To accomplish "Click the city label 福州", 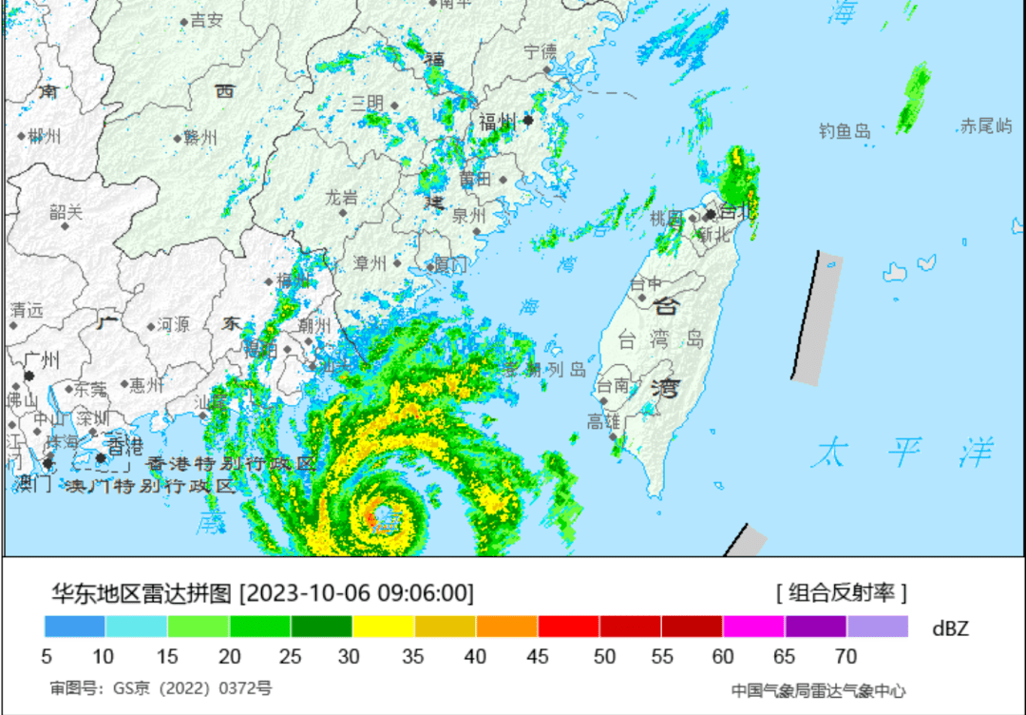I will point(497,122).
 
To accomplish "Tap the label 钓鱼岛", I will point(845,131).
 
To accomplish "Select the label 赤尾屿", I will point(986,126).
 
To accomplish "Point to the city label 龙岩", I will point(342,198).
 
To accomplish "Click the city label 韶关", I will point(66,212).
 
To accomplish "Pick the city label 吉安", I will point(206,20).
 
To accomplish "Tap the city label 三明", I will point(368,103).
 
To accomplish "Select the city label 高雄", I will point(603,421).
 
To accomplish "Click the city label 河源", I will point(173,325).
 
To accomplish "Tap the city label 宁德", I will point(541,52).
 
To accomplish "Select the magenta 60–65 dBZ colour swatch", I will point(753,627).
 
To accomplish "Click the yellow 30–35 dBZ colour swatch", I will point(383,627).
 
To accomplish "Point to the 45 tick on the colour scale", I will point(537,656).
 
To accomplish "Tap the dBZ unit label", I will point(950,628).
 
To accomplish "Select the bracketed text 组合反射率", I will point(842,593).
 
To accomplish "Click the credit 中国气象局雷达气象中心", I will point(818,690).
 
